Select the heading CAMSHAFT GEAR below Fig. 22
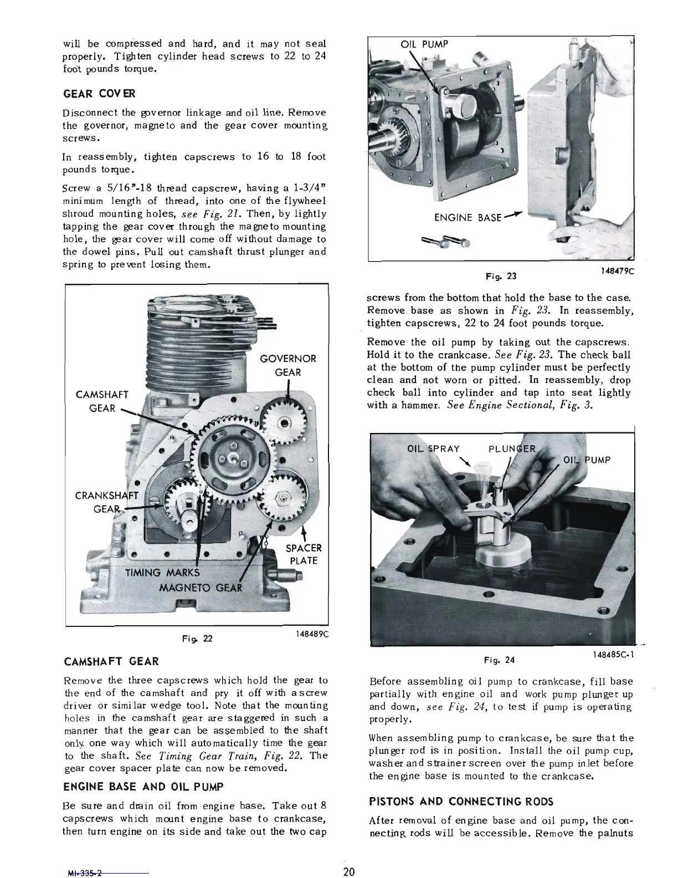tap(112, 661)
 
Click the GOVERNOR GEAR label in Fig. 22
tap(287, 365)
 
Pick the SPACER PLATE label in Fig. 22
tap(303, 554)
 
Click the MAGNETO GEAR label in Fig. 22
tap(201, 588)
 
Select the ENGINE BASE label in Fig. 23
tap(468, 218)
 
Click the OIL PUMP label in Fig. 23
tap(424, 44)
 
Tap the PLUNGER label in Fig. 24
tap(512, 448)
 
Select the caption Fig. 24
tap(499, 660)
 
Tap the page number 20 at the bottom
tap(348, 871)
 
